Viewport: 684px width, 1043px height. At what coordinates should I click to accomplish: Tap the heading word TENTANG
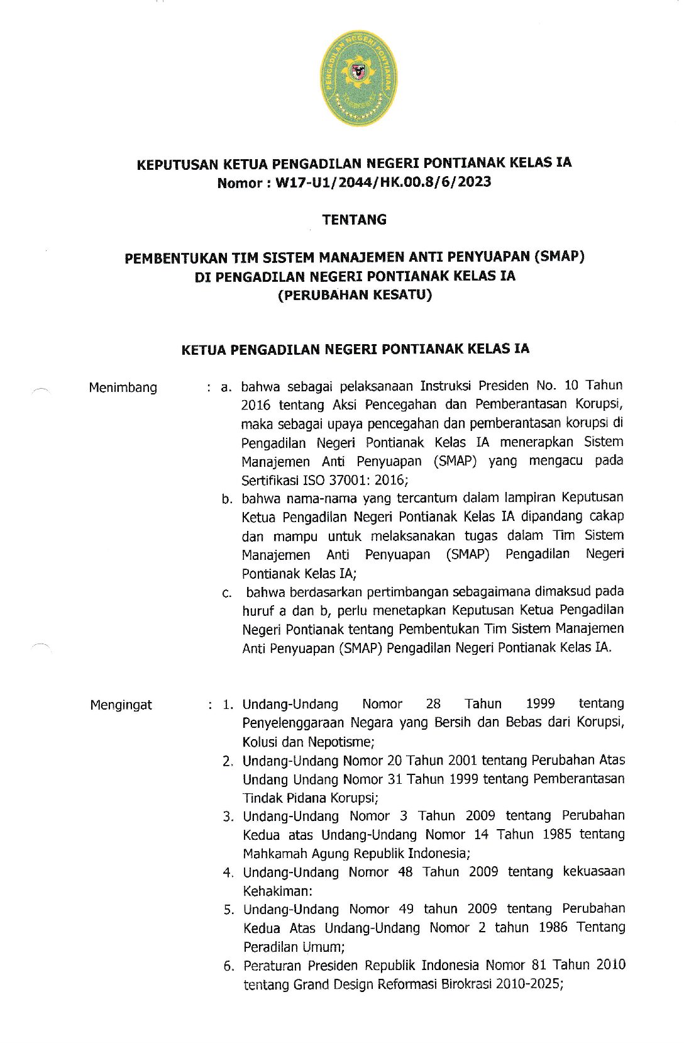pos(354,220)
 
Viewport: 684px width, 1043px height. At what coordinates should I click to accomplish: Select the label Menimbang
pos(123,388)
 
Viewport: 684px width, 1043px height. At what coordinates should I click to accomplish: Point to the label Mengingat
pos(121,705)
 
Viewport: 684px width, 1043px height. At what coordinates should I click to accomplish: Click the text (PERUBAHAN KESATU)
pos(355,295)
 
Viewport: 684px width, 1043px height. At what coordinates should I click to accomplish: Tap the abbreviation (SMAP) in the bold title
pos(559,257)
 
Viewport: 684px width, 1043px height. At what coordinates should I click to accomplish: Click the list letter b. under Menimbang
pos(227,499)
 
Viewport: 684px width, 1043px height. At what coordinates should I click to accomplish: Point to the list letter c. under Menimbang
pos(227,593)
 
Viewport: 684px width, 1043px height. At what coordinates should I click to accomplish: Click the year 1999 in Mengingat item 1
pos(540,703)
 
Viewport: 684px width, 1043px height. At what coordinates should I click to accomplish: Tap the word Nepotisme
pos(341,742)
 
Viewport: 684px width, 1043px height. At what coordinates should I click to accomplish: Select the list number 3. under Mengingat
pos(228,817)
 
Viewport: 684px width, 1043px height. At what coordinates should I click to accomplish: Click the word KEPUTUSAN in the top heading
pos(177,165)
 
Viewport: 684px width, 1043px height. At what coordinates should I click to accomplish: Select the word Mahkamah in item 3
pos(270,854)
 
